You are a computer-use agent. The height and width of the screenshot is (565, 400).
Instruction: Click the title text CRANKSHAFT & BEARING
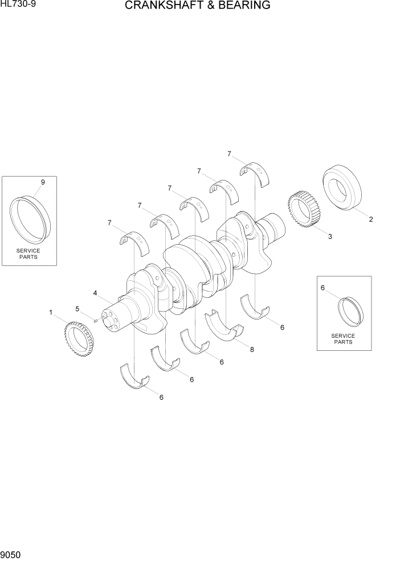pos(198,5)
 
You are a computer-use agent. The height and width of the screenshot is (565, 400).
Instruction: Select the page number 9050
pos(11,555)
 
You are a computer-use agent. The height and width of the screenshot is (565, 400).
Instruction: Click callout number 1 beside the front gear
pos(51,312)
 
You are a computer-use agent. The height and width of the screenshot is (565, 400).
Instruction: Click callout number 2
pos(371,219)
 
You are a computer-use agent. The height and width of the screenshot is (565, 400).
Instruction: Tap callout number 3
pos(330,236)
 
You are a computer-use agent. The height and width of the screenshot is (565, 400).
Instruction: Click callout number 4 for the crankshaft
pos(95,293)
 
